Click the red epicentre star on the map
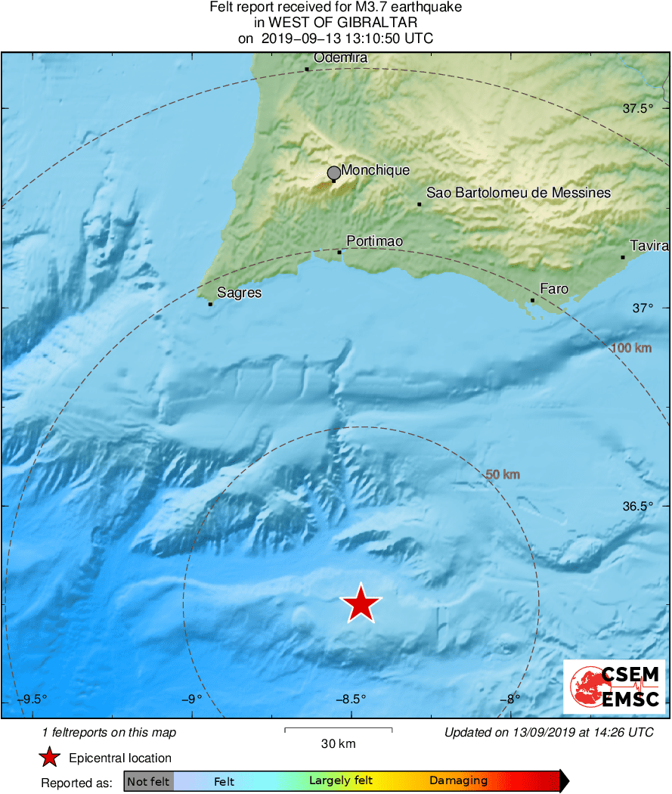(361, 603)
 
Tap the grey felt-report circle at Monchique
(333, 173)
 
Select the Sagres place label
(239, 293)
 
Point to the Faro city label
(554, 289)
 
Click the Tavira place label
(649, 246)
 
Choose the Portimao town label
(374, 241)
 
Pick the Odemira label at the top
(340, 58)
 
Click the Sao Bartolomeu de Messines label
(518, 193)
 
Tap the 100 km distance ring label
(630, 348)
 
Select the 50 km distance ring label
(503, 475)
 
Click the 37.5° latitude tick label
(637, 109)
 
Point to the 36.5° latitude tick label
(637, 507)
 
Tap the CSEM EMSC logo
(614, 686)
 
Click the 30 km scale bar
(338, 730)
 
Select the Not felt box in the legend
(148, 781)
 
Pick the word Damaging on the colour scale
(458, 781)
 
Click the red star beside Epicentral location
(50, 758)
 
